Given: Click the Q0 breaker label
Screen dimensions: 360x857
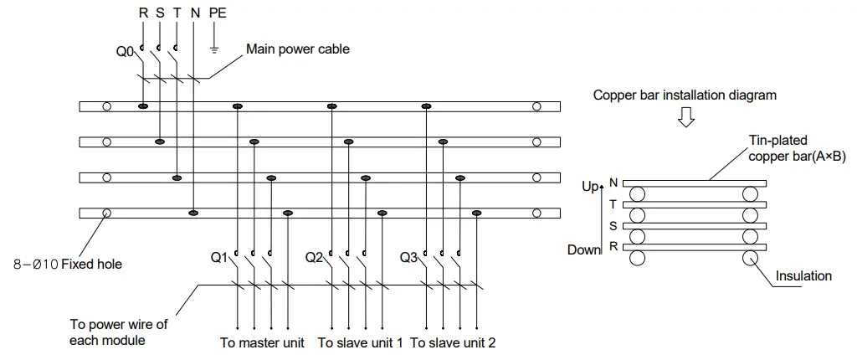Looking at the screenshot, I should [124, 52].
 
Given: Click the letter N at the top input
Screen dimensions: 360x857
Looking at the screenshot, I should [194, 14].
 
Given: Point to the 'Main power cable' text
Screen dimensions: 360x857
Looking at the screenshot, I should [297, 49].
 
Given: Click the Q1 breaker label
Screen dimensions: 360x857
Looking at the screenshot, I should [218, 258].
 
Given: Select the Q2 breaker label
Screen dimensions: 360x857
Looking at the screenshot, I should [314, 258].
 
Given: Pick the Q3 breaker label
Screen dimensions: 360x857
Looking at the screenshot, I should [408, 258].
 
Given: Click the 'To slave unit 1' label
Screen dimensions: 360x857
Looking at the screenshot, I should [361, 343].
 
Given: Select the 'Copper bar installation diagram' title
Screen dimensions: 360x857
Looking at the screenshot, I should [685, 95].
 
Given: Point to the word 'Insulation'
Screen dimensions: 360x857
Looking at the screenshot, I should [804, 275].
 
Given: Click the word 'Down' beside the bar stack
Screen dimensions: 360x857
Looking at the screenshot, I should [584, 249].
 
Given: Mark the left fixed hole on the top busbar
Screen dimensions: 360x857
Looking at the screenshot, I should [106, 106].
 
